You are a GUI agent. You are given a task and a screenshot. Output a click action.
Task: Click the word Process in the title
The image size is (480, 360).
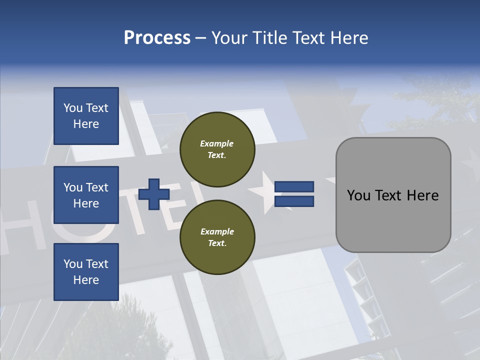tap(157, 37)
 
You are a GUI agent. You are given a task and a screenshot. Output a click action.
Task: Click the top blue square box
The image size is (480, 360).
tap(86, 116)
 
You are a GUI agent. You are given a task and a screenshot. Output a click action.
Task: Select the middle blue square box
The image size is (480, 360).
tap(86, 195)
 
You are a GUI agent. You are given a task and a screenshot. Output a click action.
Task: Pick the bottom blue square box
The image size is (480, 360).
tap(86, 272)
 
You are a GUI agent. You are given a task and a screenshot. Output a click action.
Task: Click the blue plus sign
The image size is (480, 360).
tap(154, 194)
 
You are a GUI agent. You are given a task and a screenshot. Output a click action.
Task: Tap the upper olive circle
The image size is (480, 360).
tap(217, 149)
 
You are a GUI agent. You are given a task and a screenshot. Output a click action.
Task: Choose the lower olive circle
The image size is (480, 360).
tap(217, 237)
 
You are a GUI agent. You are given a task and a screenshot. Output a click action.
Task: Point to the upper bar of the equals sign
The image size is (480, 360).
tap(294, 187)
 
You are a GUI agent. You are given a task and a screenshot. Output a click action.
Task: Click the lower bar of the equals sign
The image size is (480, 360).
tap(294, 201)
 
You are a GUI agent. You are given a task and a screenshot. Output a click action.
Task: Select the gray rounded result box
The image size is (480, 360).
tap(393, 195)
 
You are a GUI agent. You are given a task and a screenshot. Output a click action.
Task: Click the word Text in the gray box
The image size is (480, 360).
tap(389, 195)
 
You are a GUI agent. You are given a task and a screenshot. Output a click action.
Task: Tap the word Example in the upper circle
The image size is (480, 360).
tap(217, 143)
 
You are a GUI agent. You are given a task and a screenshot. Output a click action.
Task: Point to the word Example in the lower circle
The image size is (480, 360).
tap(217, 231)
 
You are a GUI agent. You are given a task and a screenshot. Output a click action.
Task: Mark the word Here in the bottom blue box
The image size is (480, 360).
tap(86, 280)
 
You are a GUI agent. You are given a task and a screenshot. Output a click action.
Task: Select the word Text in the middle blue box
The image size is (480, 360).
tap(96, 187)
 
